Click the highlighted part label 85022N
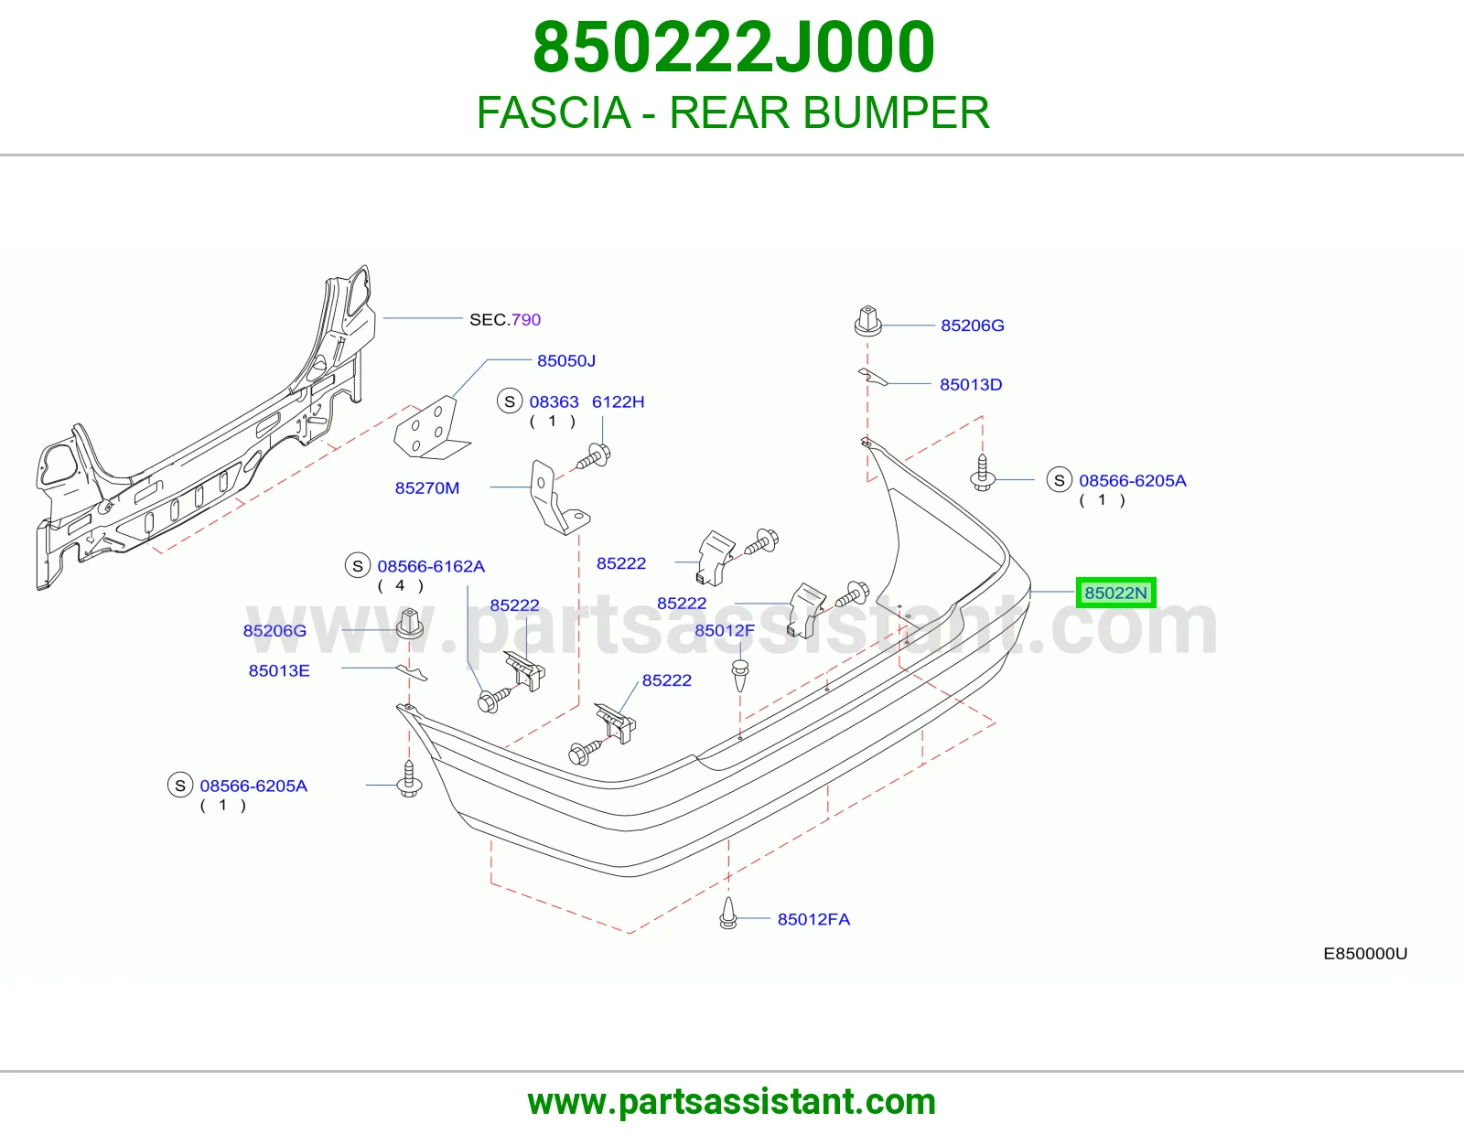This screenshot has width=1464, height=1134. [1115, 593]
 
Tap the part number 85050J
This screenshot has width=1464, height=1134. [565, 361]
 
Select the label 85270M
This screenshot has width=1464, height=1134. [427, 488]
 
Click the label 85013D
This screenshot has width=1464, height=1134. [971, 384]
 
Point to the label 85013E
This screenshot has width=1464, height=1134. [279, 670]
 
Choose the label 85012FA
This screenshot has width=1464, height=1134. [813, 919]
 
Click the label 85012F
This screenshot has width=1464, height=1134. [725, 630]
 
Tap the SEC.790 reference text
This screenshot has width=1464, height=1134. [504, 319]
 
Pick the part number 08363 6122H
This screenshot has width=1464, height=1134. [587, 402]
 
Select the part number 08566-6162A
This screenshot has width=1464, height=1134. [431, 566]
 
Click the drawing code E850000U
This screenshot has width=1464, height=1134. [1365, 954]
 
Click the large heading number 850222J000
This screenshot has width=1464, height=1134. [733, 48]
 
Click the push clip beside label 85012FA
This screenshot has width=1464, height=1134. [727, 913]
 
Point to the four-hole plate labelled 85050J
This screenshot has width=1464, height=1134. [430, 428]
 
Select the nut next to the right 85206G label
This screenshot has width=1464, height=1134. [867, 321]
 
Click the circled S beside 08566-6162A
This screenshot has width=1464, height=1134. [358, 566]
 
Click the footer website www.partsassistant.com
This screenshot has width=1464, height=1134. [732, 1102]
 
